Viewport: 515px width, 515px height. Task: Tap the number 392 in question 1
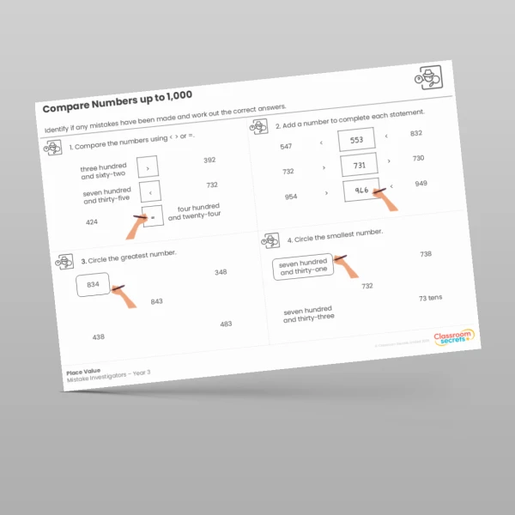click(209, 161)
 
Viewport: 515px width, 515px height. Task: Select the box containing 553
click(356, 141)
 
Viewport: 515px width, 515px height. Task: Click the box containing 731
click(359, 166)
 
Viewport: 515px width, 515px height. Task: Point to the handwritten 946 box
click(361, 191)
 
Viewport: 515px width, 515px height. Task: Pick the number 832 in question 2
click(416, 133)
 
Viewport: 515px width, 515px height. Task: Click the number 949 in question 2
click(421, 183)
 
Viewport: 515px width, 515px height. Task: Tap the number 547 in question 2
click(286, 147)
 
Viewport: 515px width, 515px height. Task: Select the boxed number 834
click(93, 284)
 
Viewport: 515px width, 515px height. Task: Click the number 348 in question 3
click(221, 272)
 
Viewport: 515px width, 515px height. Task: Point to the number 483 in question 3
click(226, 324)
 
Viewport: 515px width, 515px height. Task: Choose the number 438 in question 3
click(99, 336)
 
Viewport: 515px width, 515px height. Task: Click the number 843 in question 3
click(156, 301)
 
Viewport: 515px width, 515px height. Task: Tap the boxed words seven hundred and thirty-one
click(303, 268)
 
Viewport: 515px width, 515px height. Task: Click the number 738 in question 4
click(425, 254)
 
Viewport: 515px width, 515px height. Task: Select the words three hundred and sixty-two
click(104, 171)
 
